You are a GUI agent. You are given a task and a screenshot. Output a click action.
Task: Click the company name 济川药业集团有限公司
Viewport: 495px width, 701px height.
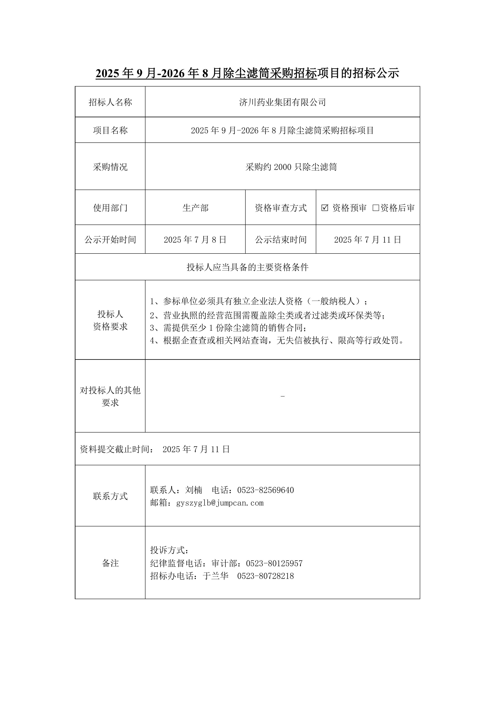[x=283, y=102]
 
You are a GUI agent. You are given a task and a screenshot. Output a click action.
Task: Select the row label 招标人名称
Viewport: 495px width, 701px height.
[x=110, y=102]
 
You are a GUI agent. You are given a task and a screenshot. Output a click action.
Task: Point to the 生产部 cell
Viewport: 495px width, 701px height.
[x=195, y=208]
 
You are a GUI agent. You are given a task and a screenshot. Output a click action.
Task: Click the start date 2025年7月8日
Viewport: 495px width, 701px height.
[x=195, y=240]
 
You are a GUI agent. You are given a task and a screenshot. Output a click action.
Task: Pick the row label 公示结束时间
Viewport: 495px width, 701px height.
[x=281, y=240]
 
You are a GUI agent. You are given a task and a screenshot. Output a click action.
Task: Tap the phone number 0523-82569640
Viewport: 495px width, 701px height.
[x=265, y=490]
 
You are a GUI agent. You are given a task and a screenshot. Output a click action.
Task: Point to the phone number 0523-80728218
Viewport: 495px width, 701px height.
[x=265, y=576]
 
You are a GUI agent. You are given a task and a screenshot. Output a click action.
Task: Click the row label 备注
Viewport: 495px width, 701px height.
[x=110, y=563]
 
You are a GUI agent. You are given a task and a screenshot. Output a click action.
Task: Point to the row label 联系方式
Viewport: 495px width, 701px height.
[x=110, y=496]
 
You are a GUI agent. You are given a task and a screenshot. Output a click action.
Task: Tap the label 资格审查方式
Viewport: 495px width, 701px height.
[x=281, y=208]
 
